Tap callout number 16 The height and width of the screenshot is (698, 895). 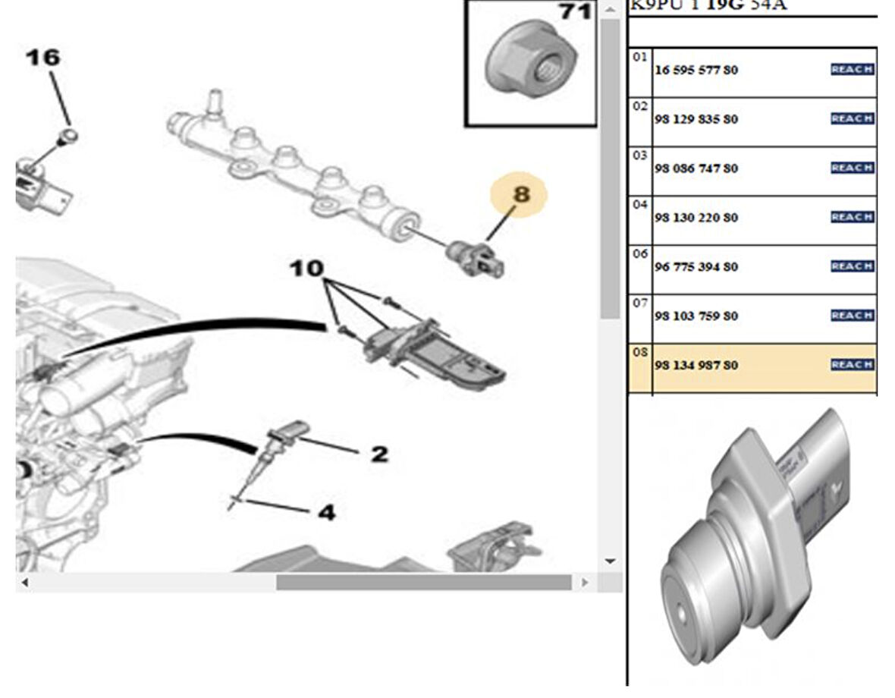44,58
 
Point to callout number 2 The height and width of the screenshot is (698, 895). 378,454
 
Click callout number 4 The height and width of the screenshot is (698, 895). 325,513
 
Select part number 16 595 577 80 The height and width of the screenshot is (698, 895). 696,71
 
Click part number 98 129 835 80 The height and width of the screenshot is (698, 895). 696,120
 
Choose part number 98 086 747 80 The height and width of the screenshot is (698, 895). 696,169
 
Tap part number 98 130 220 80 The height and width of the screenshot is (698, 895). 696,219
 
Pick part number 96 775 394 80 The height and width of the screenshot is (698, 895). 696,267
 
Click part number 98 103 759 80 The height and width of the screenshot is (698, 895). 696,316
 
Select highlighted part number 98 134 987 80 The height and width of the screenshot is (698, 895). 696,366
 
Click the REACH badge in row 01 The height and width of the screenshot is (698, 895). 853,70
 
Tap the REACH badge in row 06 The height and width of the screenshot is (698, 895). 853,266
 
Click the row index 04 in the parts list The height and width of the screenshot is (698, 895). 640,205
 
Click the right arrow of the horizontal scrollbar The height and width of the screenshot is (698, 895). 584,583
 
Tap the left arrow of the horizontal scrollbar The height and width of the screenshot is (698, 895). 24,583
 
